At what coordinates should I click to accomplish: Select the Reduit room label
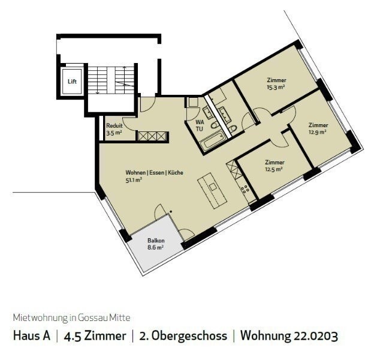pyautogui.click(x=114, y=125)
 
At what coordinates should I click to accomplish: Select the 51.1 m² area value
pyautogui.click(x=134, y=179)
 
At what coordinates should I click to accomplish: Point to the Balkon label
pyautogui.click(x=155, y=240)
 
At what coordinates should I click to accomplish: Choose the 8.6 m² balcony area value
pyautogui.click(x=155, y=247)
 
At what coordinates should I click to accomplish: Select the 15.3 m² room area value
pyautogui.click(x=276, y=87)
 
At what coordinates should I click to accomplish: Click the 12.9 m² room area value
pyautogui.click(x=318, y=132)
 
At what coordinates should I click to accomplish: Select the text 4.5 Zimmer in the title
pyautogui.click(x=94, y=335)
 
